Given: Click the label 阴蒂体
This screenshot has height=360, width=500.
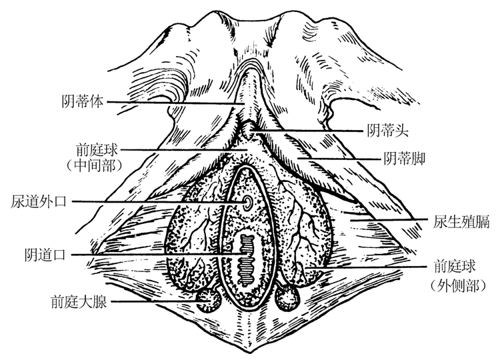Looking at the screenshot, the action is pyautogui.click(x=83, y=102).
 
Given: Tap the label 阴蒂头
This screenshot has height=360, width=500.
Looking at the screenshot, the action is pyautogui.click(x=387, y=131).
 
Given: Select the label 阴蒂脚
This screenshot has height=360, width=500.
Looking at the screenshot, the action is pyautogui.click(x=405, y=159).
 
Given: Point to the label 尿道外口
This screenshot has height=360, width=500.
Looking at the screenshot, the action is pyautogui.click(x=39, y=201).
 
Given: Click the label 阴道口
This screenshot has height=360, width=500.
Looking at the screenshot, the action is pyautogui.click(x=45, y=255).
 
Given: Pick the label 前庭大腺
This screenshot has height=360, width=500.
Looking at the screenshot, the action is pyautogui.click(x=79, y=301).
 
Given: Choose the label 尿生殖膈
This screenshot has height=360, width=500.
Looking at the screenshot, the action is pyautogui.click(x=461, y=221).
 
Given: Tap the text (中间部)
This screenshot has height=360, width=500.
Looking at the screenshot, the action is pyautogui.click(x=95, y=165).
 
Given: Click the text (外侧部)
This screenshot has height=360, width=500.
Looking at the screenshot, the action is pyautogui.click(x=458, y=286).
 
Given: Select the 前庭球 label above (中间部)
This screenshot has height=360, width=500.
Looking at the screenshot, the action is pyautogui.click(x=97, y=149).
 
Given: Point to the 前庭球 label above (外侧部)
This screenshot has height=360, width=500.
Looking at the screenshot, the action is pyautogui.click(x=455, y=266).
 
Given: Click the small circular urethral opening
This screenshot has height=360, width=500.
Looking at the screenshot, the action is pyautogui.click(x=247, y=202).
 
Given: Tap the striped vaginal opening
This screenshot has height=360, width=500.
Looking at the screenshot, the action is pyautogui.click(x=246, y=260).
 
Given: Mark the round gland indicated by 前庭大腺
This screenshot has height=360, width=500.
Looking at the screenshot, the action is pyautogui.click(x=208, y=300).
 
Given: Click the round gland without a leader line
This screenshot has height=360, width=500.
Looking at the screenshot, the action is pyautogui.click(x=287, y=298).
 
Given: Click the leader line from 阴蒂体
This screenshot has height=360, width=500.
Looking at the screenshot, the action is pyautogui.click(x=175, y=103).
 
